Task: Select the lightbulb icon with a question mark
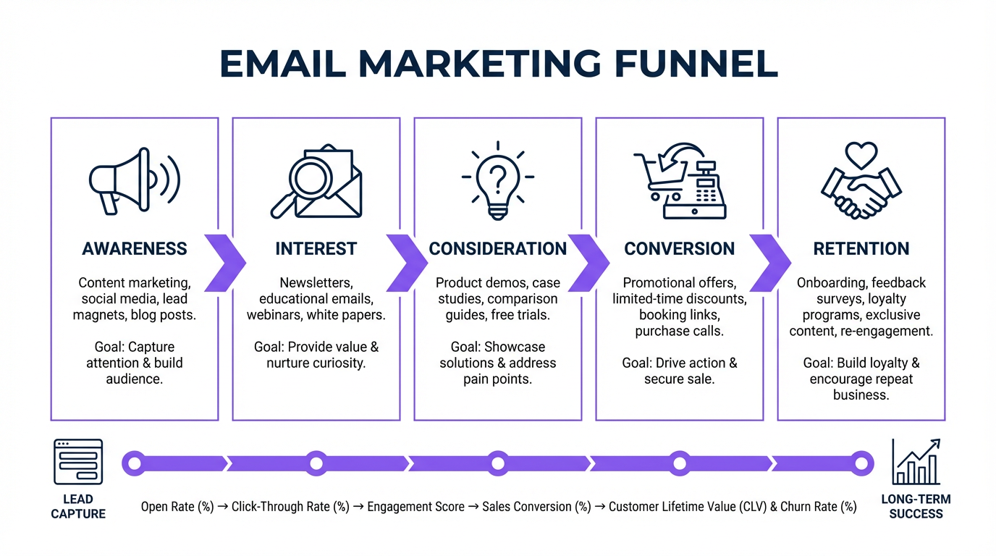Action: [498, 180]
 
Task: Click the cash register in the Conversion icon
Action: [695, 190]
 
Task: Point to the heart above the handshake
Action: [861, 155]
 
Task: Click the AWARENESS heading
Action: [135, 248]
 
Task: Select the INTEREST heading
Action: [316, 248]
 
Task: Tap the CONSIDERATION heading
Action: [498, 248]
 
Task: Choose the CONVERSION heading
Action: [680, 248]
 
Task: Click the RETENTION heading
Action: [861, 248]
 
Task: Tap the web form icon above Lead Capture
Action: [78, 462]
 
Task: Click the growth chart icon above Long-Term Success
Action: [916, 462]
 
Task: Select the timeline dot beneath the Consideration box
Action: [498, 463]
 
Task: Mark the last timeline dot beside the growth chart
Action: [861, 463]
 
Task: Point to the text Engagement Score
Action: [415, 507]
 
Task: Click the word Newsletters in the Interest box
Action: [316, 283]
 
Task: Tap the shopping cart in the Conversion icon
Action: [658, 177]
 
